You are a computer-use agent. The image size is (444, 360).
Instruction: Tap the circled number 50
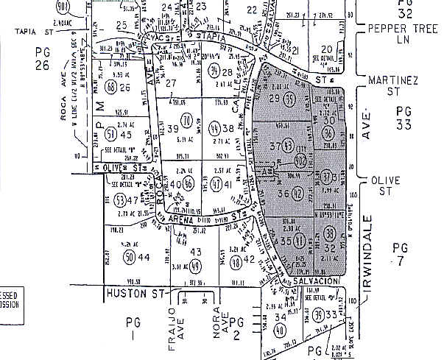(130, 257)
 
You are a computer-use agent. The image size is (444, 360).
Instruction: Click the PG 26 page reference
(41, 58)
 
